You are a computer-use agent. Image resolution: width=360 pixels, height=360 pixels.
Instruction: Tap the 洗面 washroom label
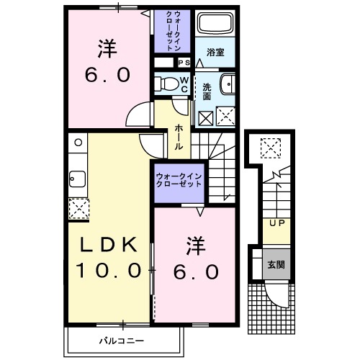(x=207, y=91)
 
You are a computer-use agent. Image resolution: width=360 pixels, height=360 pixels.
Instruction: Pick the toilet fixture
(x=166, y=83)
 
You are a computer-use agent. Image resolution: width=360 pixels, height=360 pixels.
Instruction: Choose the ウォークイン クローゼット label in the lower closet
(x=179, y=179)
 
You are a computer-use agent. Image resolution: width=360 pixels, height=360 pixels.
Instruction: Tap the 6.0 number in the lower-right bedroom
(x=195, y=271)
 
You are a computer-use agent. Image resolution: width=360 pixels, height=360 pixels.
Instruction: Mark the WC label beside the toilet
(x=184, y=84)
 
